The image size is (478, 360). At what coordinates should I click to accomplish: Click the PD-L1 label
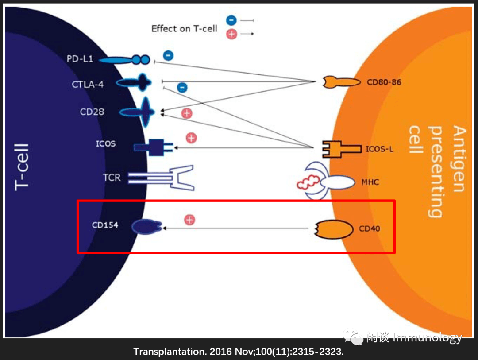(80, 58)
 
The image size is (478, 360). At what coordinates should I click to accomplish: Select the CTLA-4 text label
(88, 84)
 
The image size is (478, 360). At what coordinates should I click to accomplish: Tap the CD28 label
(92, 112)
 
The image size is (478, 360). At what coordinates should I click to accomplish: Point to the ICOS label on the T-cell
(105, 144)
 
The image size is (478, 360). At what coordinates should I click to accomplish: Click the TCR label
(112, 178)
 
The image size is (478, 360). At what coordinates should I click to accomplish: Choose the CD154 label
(105, 225)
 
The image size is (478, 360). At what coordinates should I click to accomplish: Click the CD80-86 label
(384, 82)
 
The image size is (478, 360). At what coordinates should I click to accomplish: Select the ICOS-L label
(379, 149)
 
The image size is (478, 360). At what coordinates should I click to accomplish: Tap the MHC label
(370, 182)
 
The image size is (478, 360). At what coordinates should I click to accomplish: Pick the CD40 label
(369, 229)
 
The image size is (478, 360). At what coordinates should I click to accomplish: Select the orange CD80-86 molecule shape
(341, 82)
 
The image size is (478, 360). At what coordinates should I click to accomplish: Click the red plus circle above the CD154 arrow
(189, 220)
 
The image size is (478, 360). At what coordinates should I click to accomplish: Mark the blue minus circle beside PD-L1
(168, 55)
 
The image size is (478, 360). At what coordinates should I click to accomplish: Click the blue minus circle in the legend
(231, 20)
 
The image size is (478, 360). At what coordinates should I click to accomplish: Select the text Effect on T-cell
(184, 28)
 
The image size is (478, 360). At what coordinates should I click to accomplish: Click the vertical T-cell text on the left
(22, 166)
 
